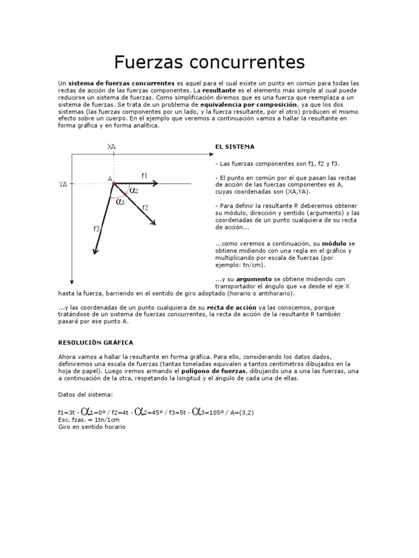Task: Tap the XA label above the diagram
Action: pos(112,147)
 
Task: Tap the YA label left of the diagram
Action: pos(63,184)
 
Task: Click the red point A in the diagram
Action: pos(113,184)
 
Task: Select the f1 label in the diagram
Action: pos(145,175)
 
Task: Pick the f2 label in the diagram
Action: pos(145,207)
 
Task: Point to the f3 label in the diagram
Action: pos(96,229)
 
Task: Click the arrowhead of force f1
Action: pos(155,184)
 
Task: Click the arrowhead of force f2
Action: pos(153,221)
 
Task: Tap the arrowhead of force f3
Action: pos(95,251)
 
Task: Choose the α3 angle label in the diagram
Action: pos(121,201)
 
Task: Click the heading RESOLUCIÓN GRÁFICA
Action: pos(95,342)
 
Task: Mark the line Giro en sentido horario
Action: pos(92,427)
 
